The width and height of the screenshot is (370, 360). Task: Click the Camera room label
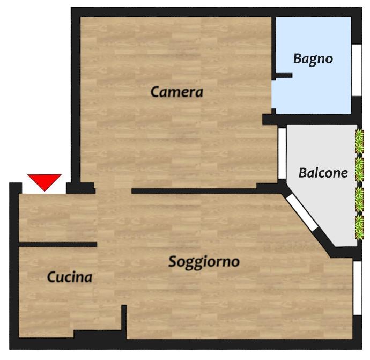[177, 92]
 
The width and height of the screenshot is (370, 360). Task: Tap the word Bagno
[313, 58]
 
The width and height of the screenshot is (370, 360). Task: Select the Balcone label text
[323, 173]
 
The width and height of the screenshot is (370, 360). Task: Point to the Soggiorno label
[204, 262]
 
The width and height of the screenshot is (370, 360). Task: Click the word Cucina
[70, 277]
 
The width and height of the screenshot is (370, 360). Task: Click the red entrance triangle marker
[45, 182]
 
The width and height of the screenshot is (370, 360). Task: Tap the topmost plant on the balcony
[359, 142]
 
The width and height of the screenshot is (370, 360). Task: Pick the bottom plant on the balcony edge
[359, 227]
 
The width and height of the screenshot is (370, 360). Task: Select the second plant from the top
[359, 170]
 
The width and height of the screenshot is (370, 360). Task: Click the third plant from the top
[359, 199]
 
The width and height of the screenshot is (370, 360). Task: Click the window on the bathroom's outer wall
[357, 70]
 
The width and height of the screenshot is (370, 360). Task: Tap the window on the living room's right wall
[358, 288]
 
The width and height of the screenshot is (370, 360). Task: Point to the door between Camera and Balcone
[282, 153]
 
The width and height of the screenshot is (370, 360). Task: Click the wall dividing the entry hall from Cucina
[58, 244]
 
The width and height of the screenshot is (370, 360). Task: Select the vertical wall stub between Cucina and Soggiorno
[124, 318]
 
